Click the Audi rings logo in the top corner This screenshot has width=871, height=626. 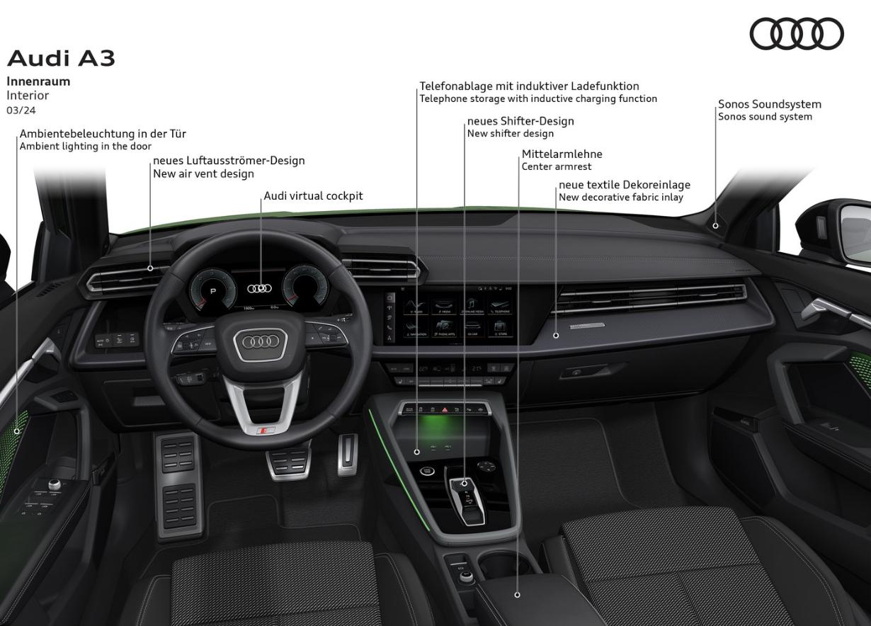(797, 34)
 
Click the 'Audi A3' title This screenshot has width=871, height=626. (61, 59)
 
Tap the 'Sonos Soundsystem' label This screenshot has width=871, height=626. (770, 104)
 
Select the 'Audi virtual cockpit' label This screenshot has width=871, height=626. (313, 195)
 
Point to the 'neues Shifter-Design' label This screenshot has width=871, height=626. (520, 121)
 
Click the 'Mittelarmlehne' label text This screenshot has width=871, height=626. (562, 154)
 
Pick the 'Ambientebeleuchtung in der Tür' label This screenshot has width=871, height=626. (103, 133)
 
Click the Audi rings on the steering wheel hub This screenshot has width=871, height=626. (260, 341)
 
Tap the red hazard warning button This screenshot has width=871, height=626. (445, 409)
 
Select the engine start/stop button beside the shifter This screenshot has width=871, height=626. (427, 472)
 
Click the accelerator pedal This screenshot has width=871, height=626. (347, 453)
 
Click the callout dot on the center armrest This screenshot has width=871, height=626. (517, 595)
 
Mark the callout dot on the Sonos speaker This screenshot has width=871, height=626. (715, 226)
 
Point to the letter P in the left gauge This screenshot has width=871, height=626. (212, 291)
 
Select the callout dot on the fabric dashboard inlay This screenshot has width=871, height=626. (556, 335)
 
